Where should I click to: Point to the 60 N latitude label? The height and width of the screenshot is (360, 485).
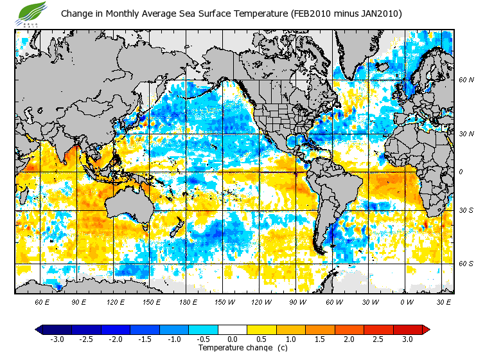point(466,80)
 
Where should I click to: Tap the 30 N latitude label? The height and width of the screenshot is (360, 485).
point(466,134)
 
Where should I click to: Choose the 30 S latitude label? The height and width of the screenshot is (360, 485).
point(466,210)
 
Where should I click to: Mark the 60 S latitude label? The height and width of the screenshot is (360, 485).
point(466,264)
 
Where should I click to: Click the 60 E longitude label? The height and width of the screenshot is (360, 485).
point(42,301)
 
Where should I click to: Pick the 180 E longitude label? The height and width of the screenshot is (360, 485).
point(188,301)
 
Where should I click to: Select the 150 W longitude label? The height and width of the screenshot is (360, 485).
point(224,301)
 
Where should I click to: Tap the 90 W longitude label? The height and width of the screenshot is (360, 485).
point(297,301)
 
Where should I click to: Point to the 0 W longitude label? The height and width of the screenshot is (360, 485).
point(406,301)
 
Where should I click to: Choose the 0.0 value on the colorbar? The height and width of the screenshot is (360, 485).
point(233,339)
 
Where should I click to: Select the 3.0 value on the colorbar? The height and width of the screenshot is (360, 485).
point(408,339)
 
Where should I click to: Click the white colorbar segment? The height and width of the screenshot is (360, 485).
point(233,329)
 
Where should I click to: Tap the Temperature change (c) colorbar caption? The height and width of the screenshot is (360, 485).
point(233,348)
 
